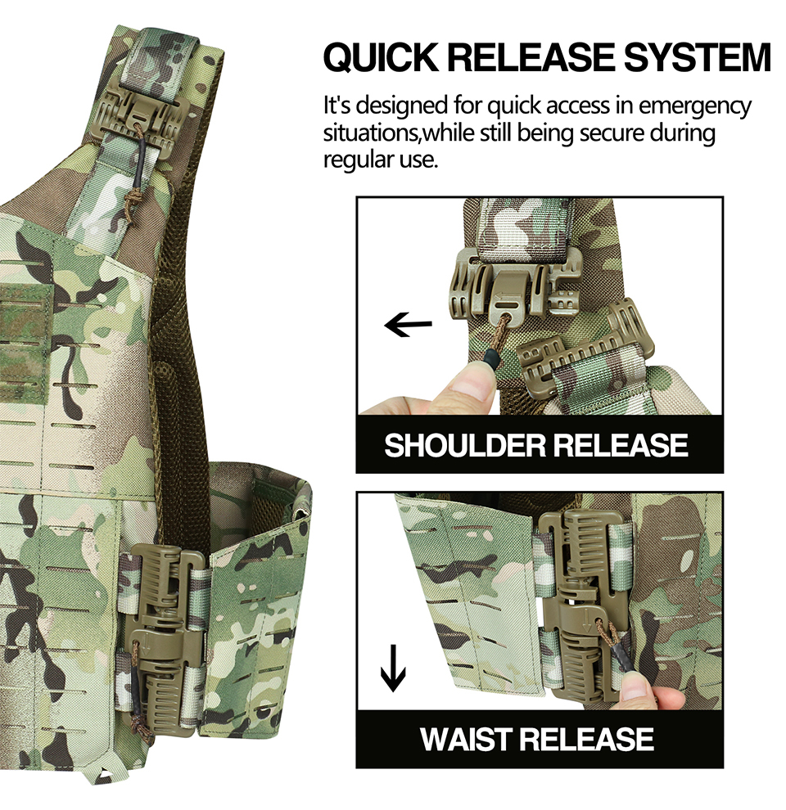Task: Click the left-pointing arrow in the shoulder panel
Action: pyautogui.click(x=408, y=326)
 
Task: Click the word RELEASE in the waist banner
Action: pyautogui.click(x=595, y=739)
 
